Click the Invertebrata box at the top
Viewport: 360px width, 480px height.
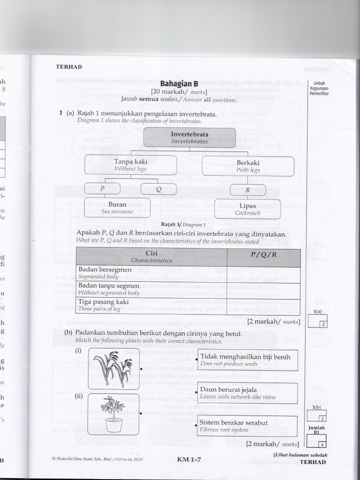pos(189,137)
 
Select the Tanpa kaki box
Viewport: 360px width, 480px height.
pos(130,165)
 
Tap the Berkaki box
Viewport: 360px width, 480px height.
pos(248,166)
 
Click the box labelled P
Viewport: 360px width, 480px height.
pos(102,189)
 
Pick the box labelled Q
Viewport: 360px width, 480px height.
pos(158,189)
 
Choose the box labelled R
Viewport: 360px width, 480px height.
pos(247,190)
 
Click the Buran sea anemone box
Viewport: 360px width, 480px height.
pos(117,208)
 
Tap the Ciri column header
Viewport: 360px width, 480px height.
pos(151,256)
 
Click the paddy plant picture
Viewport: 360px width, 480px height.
pos(113,368)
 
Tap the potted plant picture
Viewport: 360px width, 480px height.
pos(113,413)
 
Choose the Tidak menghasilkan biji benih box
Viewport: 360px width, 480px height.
pos(247,360)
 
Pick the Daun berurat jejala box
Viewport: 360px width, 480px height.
pos(247,393)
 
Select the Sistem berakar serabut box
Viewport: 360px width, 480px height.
pos(247,426)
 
